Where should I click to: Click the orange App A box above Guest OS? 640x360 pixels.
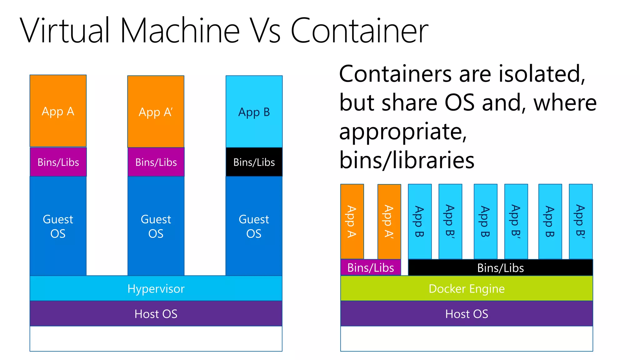click(58, 111)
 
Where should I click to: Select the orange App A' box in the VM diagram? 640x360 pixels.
click(156, 111)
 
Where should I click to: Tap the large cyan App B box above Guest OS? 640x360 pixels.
click(254, 111)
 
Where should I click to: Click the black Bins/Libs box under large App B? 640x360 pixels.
click(254, 162)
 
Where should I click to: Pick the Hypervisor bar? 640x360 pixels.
click(156, 288)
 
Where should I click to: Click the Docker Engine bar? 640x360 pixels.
click(467, 288)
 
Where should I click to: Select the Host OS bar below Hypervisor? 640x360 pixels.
click(156, 313)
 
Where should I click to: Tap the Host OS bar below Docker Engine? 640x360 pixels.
click(467, 313)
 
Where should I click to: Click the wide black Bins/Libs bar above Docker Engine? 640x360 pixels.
click(500, 268)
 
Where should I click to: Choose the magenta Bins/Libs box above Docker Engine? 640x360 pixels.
click(371, 267)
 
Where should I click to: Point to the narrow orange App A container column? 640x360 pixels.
click(352, 221)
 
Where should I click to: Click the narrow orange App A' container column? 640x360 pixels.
click(389, 221)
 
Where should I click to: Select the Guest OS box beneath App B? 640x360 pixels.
click(254, 226)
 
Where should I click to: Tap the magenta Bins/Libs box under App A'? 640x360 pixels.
click(156, 162)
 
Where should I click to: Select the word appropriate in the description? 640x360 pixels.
click(403, 132)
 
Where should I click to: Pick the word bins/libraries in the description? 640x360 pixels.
click(407, 160)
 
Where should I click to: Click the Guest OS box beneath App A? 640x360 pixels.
click(58, 226)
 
